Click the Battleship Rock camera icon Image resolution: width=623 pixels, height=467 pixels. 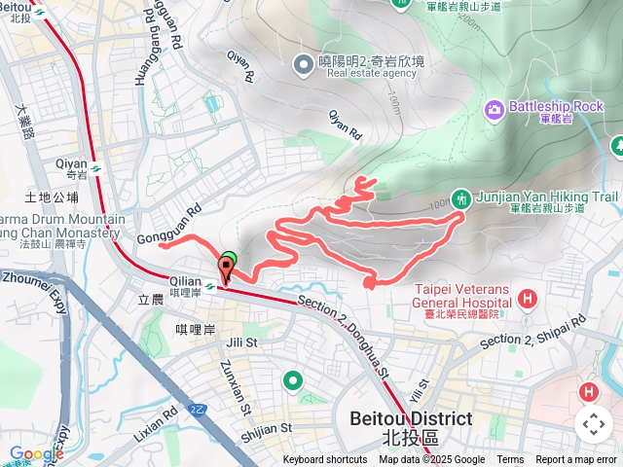click(495, 107)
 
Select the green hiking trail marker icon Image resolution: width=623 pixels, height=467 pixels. click(463, 198)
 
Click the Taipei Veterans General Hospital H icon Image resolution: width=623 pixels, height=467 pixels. click(528, 298)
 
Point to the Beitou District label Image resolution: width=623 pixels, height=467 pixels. click(411, 419)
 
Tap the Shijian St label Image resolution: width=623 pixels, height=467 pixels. click(266, 427)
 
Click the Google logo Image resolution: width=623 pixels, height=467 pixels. click(36, 453)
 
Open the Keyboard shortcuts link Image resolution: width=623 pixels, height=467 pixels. click(325, 460)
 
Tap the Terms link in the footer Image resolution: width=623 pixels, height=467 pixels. click(510, 460)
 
